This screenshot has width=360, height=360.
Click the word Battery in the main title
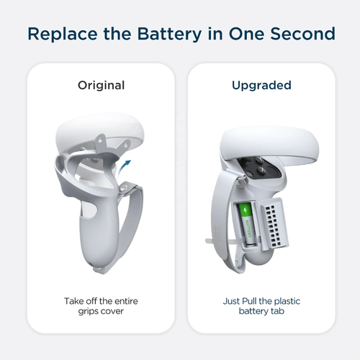tap(169, 34)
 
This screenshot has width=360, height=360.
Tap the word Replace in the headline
tap(63, 34)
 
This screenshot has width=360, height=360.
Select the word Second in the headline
tap(303, 33)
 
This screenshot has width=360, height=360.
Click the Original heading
tap(101, 85)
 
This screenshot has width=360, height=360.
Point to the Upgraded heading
tap(261, 86)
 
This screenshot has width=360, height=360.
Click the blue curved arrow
tap(123, 168)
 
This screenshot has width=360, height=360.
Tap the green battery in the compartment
tap(246, 225)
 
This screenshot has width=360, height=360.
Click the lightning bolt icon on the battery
tap(245, 210)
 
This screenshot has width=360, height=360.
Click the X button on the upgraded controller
tap(263, 170)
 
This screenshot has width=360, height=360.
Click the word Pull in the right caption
tap(250, 301)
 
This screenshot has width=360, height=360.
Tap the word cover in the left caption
tap(112, 311)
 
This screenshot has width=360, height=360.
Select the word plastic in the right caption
tap(287, 301)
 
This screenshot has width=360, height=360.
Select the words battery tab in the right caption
tap(261, 311)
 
